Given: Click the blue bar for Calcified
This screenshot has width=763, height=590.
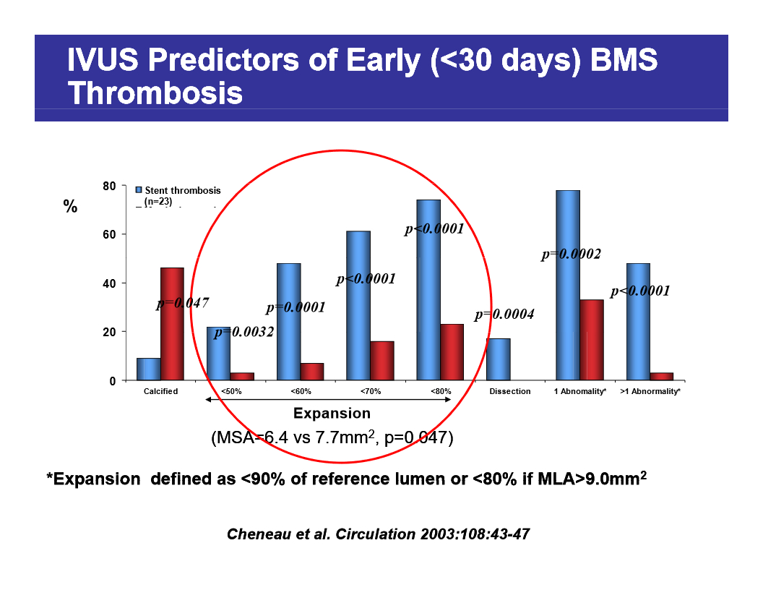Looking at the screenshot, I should (148, 369).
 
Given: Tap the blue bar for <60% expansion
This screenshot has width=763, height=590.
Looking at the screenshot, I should (288, 321).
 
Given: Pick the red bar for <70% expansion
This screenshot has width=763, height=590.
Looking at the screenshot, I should (381, 360).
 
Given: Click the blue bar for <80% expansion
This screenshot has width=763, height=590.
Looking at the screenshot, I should (428, 289).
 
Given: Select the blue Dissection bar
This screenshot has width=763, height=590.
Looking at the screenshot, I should (498, 359).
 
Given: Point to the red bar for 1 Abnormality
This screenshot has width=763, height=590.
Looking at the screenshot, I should (591, 340).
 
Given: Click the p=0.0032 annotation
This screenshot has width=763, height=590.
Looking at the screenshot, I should (243, 333).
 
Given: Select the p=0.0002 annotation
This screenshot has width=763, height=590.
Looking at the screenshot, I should (571, 254).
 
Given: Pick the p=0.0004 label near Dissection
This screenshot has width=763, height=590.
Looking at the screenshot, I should (504, 315).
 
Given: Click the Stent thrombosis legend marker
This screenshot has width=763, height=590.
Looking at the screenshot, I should (139, 190).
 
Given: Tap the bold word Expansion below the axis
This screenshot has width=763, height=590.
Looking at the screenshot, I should (332, 414).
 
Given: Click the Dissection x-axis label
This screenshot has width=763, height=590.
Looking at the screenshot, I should (509, 391).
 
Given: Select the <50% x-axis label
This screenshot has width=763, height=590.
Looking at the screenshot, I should (230, 391).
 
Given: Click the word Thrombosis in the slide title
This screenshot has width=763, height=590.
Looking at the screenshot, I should (155, 94).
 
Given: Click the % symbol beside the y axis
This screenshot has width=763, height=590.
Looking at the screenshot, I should (70, 207).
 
